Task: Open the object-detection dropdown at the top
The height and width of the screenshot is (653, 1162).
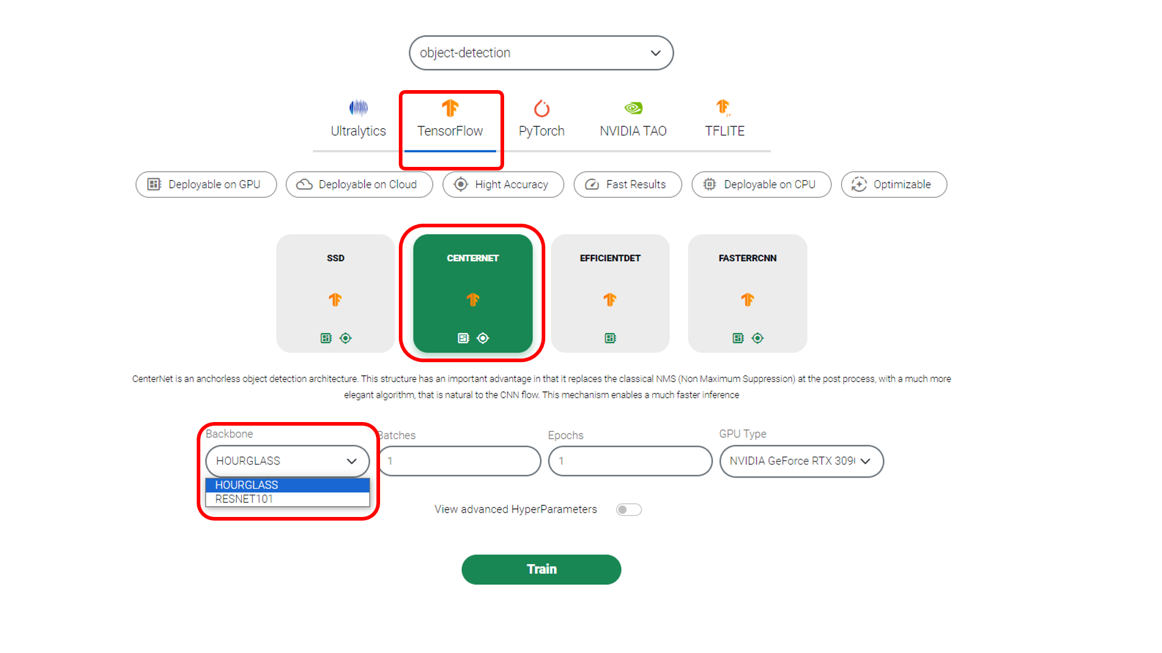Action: pos(541,53)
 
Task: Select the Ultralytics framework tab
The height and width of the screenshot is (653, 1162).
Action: pos(358,119)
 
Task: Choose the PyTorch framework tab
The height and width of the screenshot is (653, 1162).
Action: pos(542,119)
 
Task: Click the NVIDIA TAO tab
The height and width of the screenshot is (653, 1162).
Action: pos(633,119)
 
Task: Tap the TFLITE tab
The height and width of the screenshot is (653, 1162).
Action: pos(724,119)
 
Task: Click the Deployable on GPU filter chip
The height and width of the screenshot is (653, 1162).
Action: pos(206,184)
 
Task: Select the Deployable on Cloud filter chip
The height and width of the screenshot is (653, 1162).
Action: pos(359,184)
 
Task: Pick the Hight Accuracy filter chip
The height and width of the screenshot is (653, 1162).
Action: pos(503,184)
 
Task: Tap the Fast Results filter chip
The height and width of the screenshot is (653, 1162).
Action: pos(628,184)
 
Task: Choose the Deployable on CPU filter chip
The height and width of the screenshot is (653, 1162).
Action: pos(761,184)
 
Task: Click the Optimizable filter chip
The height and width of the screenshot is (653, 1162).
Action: pos(894,184)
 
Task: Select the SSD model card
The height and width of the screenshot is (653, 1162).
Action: pos(335,293)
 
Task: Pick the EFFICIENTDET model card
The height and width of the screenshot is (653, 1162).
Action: pos(610,293)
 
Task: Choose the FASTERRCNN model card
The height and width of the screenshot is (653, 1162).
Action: pos(747,293)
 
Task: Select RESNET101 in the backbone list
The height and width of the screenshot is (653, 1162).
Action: pos(287,499)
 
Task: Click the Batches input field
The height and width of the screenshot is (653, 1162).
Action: pos(460,461)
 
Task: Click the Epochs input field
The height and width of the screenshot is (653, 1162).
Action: pos(630,461)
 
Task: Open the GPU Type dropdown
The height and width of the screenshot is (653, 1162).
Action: pos(801,461)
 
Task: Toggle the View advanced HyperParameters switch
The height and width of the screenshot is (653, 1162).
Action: pos(629,510)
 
